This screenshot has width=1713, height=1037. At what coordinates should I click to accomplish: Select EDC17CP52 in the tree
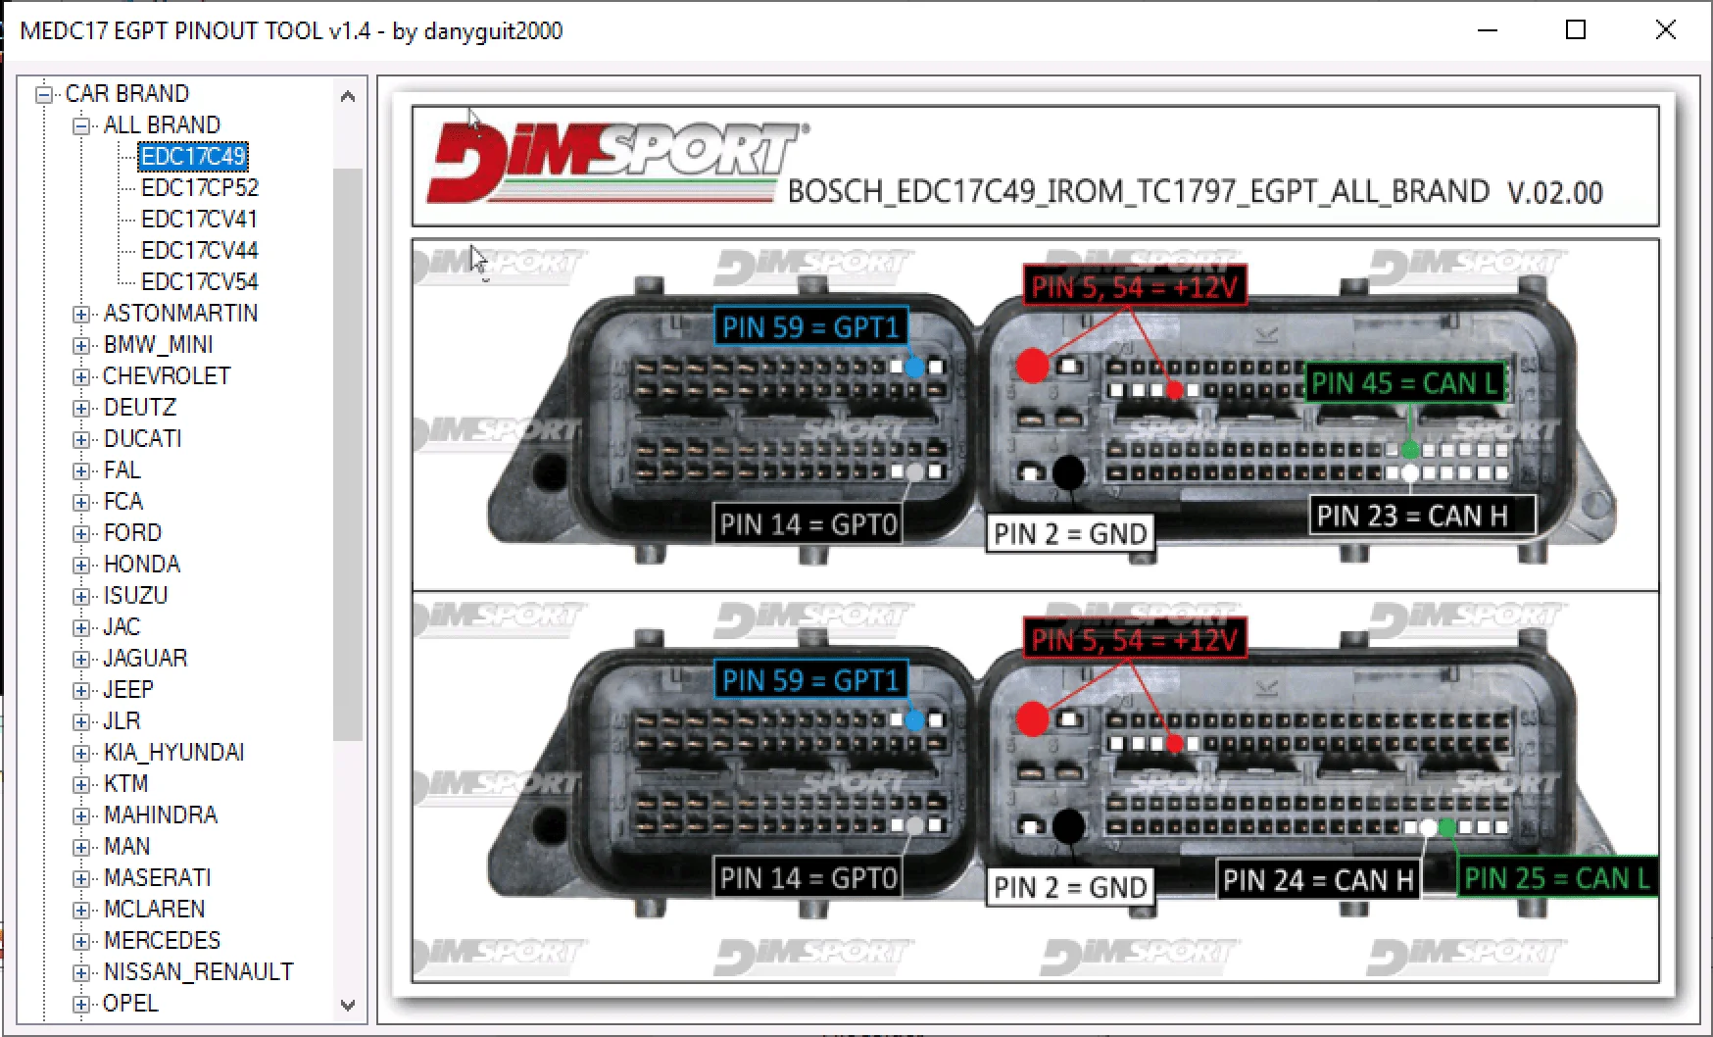(200, 187)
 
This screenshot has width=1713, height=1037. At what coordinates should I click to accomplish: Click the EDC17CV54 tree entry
(200, 281)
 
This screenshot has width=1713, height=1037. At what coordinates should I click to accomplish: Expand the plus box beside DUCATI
(81, 439)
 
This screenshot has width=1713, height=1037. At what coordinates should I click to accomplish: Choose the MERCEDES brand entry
(162, 940)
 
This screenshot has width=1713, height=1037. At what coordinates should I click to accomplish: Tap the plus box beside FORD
(81, 533)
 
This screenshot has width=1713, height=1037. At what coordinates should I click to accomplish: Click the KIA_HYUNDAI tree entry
(173, 752)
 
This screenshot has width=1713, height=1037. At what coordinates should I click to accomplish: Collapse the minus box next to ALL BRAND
(81, 125)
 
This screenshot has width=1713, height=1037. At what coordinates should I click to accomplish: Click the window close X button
(1665, 30)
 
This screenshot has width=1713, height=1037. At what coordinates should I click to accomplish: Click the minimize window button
(1488, 30)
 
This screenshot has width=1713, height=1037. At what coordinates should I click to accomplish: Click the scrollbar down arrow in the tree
(348, 1005)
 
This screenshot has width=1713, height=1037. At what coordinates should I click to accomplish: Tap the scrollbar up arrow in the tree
(348, 96)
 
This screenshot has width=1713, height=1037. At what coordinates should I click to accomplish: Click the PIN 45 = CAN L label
(1404, 383)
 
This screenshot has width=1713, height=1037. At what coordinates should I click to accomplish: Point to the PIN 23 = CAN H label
(1422, 516)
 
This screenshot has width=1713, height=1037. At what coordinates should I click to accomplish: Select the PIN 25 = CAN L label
(1557, 878)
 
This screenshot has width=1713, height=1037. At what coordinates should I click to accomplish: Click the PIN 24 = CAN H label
(1318, 880)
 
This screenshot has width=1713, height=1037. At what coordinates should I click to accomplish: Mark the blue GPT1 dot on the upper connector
(914, 368)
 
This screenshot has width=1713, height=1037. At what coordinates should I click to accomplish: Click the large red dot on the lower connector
(1032, 718)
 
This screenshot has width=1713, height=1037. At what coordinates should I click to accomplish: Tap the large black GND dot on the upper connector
(1068, 472)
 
